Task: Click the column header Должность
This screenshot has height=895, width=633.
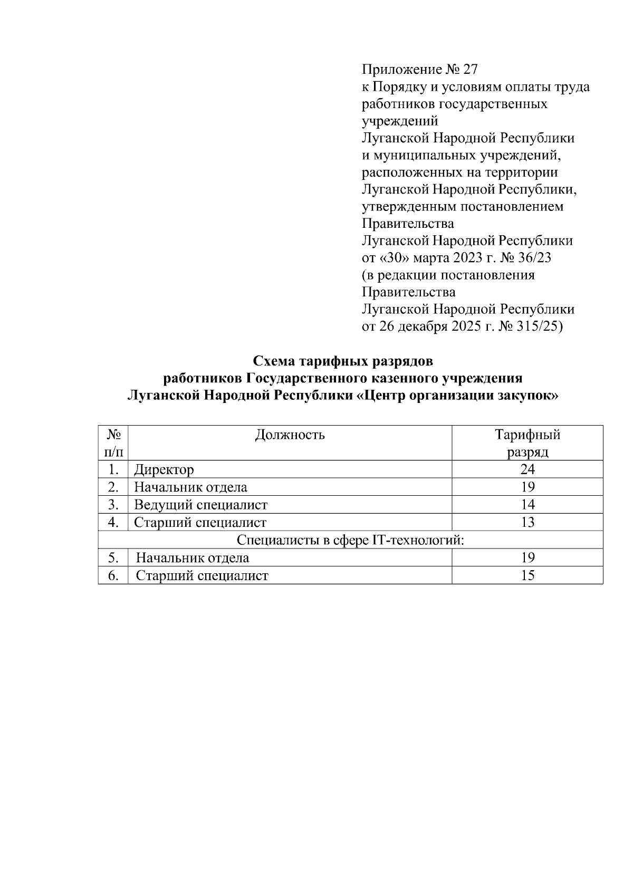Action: (x=290, y=435)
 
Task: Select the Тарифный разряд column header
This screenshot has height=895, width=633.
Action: (x=527, y=443)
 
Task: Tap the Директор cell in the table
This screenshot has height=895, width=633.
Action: (x=164, y=469)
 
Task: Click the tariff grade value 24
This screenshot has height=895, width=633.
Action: (x=527, y=469)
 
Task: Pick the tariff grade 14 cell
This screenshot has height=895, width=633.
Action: (x=527, y=505)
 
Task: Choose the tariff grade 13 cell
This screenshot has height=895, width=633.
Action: (x=527, y=522)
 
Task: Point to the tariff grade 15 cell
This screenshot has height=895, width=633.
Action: (x=527, y=575)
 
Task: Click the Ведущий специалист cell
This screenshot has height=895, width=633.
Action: (x=200, y=505)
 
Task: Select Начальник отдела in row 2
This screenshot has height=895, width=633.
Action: (x=190, y=487)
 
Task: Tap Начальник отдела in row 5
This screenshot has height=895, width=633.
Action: (x=193, y=557)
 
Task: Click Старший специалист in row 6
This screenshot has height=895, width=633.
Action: (x=202, y=575)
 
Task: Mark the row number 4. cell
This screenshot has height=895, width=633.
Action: (x=113, y=522)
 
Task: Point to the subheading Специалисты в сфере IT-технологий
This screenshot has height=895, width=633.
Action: (x=350, y=540)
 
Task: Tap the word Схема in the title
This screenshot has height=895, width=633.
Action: (x=274, y=362)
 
